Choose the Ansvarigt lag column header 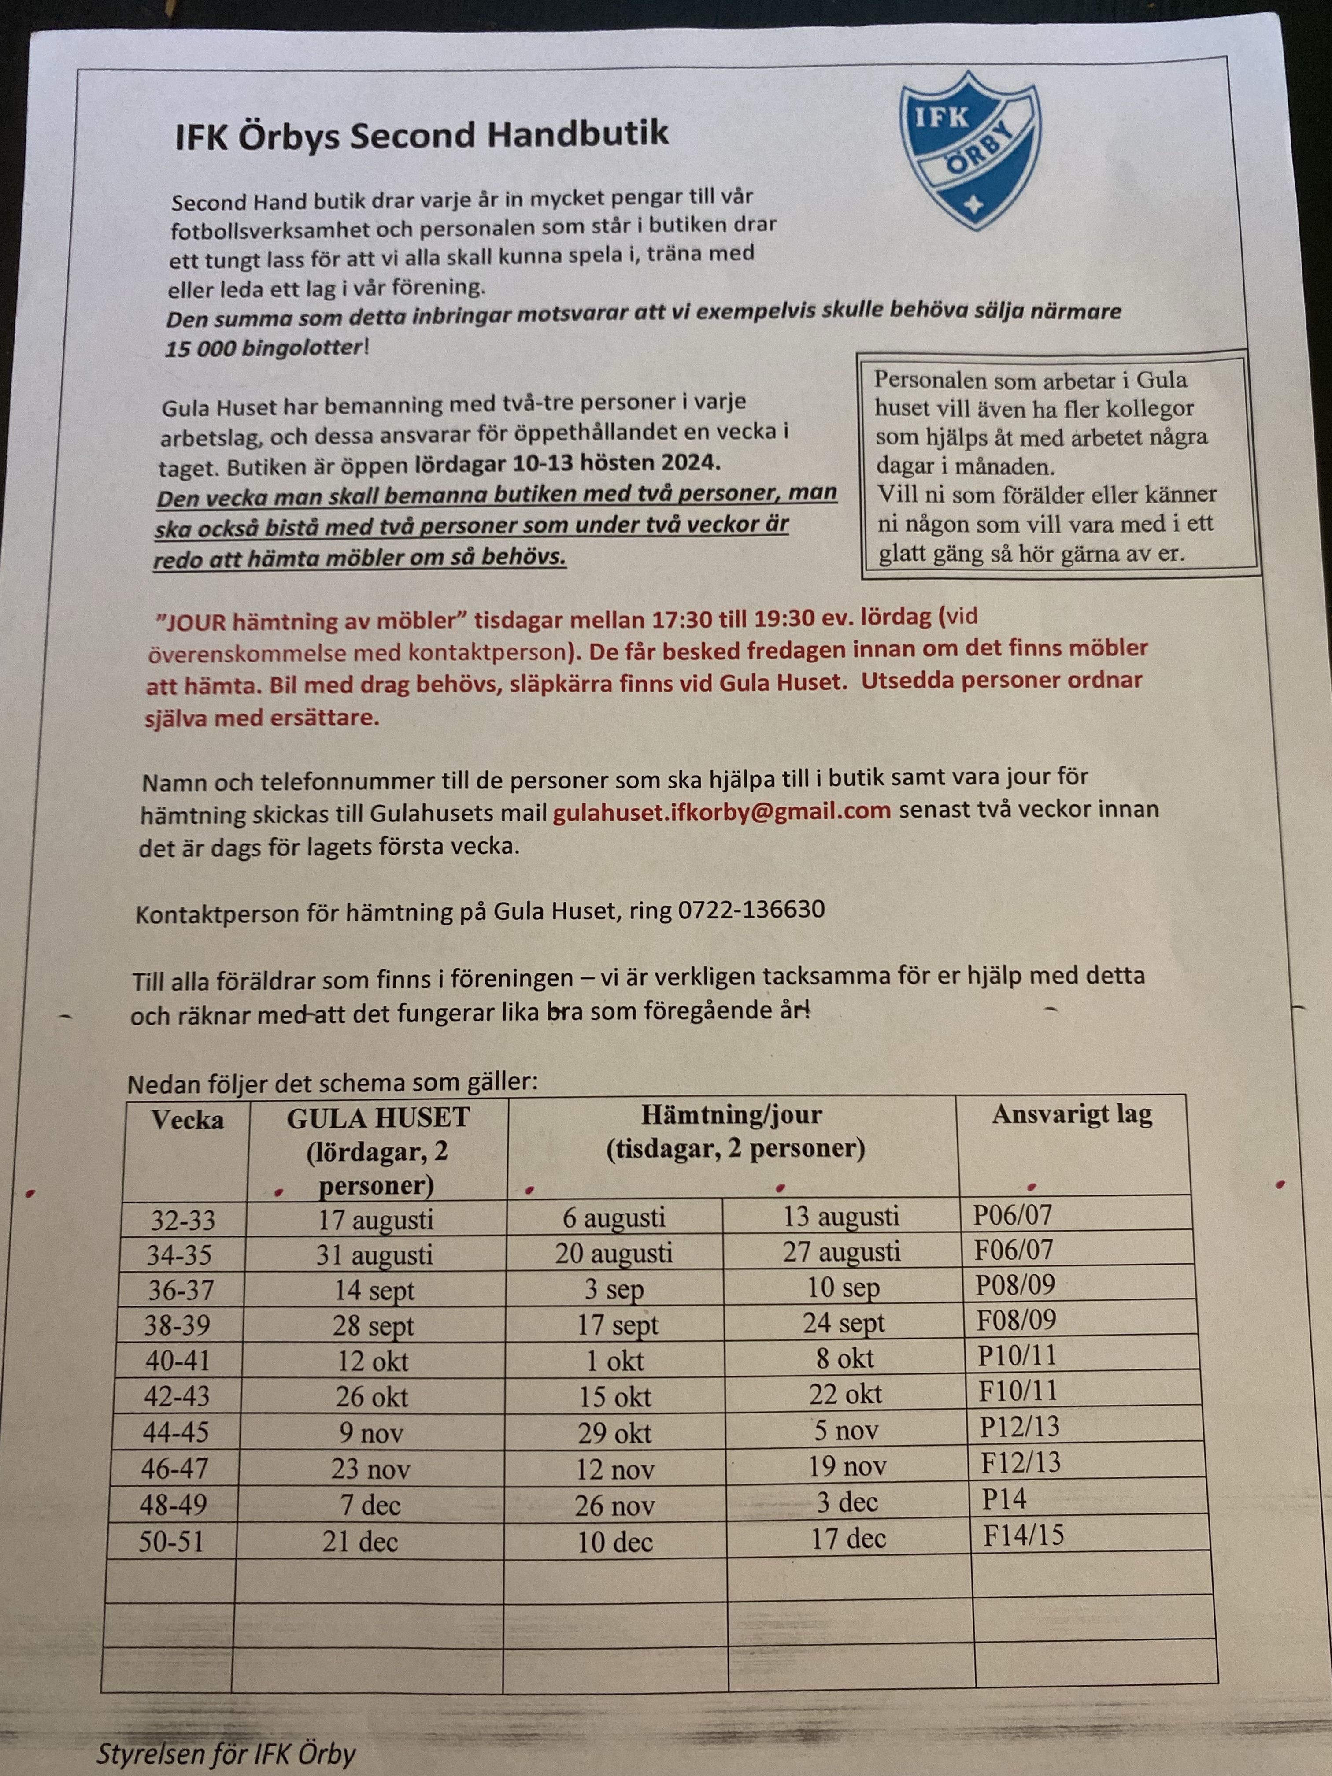(1071, 1114)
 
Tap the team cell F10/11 (1017, 1391)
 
